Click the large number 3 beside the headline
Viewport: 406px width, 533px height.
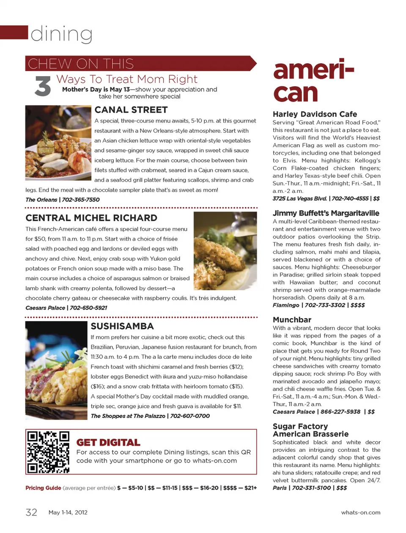pyautogui.click(x=43, y=86)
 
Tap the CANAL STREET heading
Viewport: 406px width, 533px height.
pyautogui.click(x=131, y=110)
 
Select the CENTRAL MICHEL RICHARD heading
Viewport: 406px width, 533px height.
pyautogui.click(x=91, y=218)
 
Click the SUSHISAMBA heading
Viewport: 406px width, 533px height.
pyautogui.click(x=122, y=326)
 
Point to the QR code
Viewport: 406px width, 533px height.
pyautogui.click(x=48, y=452)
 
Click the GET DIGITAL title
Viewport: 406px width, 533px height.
pyautogui.click(x=108, y=442)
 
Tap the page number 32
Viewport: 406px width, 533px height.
pyautogui.click(x=32, y=512)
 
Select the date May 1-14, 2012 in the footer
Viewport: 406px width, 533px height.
pyautogui.click(x=68, y=512)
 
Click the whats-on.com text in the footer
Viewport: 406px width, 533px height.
pyautogui.click(x=361, y=512)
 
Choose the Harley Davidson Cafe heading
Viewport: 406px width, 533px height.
pyautogui.click(x=315, y=114)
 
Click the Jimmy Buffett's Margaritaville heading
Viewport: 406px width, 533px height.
pyautogui.click(x=326, y=213)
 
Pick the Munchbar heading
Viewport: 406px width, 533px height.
pyautogui.click(x=292, y=320)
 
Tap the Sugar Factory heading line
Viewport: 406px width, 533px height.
pyautogui.click(x=300, y=426)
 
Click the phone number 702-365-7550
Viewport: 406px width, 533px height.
pyautogui.click(x=81, y=200)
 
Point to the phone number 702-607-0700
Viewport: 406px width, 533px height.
pyautogui.click(x=190, y=416)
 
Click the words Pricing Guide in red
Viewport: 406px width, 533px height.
pyautogui.click(x=43, y=488)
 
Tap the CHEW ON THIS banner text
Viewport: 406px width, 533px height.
pyautogui.click(x=81, y=64)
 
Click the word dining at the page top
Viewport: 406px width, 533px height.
pyautogui.click(x=62, y=34)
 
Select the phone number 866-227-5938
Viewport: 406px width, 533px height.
pyautogui.click(x=340, y=412)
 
